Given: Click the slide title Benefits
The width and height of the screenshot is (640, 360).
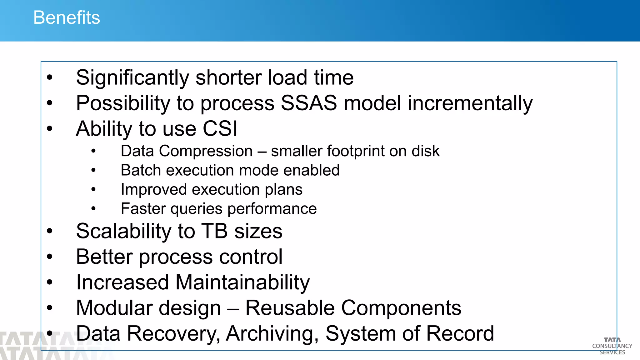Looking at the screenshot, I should point(67,17).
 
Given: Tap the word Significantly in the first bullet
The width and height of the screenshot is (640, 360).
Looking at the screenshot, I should point(132,77).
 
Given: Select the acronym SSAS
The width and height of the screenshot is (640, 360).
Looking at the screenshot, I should point(309,103).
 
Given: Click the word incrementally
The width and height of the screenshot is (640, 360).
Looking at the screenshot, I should point(470,104).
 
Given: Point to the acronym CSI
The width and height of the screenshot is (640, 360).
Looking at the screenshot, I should point(220,129).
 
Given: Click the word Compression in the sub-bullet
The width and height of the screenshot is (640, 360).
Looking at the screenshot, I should point(206,151).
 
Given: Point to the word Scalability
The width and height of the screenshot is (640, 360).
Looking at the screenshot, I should point(124,232).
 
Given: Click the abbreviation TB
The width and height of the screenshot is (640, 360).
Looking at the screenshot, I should point(214,231).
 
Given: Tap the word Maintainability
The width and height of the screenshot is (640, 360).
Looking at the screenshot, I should point(242,282).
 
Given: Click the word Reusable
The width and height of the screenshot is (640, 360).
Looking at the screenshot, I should point(290,308).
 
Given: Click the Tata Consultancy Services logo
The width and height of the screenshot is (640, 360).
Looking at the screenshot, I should point(612,346).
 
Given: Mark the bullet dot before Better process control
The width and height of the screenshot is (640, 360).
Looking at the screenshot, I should point(50,257).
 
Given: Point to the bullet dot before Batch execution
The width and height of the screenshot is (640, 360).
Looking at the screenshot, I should point(93,170).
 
